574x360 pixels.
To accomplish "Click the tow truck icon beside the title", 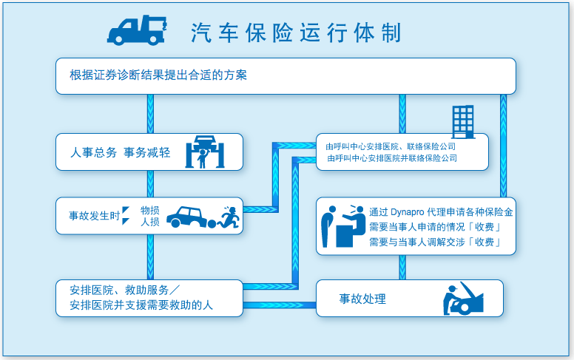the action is tap(137, 30).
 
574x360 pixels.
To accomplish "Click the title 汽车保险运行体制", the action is tap(296, 33).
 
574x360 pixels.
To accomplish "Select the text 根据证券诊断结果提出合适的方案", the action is tap(158, 75).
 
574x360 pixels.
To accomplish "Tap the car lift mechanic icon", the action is tap(205, 152).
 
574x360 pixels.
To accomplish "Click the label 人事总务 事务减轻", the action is tap(120, 152).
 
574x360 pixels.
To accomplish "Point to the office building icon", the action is tap(464, 122).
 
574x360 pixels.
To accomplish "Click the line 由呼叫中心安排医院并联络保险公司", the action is tap(392, 158).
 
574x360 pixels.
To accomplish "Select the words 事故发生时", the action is tap(95, 216).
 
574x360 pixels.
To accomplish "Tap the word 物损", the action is tap(150, 211).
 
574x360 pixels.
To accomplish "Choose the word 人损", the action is tap(150, 222).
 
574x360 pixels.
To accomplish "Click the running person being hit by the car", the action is tap(229, 217).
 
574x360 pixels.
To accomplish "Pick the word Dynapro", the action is tap(407, 212).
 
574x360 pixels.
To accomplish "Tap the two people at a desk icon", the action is tap(343, 225).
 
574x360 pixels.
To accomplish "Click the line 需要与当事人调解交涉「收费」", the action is tap(435, 242).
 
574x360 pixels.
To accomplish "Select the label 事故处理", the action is tap(362, 299).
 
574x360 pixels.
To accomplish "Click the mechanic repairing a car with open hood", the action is tap(463, 299).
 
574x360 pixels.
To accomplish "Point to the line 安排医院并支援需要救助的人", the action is tap(141, 305).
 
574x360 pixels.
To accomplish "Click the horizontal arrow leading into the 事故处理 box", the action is tap(280, 305).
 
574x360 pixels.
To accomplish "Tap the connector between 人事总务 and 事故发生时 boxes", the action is tap(150, 184).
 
